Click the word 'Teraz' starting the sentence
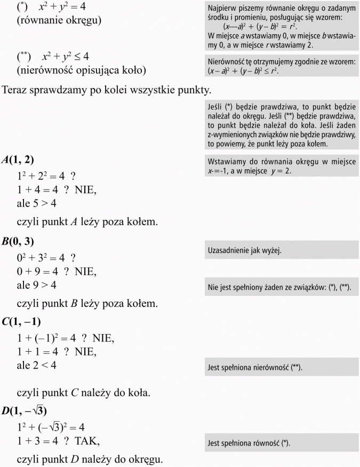click(16, 90)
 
